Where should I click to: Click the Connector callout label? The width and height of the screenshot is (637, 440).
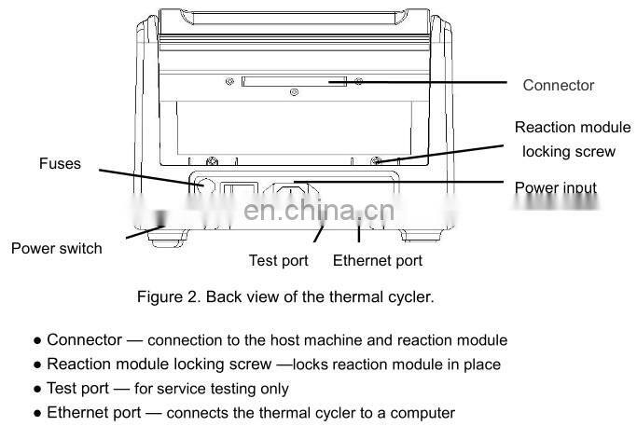tap(558, 85)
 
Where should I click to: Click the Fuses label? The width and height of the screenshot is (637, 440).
tap(60, 164)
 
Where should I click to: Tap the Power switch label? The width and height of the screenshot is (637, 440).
tap(56, 248)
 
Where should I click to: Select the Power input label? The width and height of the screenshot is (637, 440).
tap(556, 188)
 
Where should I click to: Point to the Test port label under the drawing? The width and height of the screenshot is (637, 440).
tap(279, 261)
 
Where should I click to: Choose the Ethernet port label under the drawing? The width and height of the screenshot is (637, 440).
tap(377, 261)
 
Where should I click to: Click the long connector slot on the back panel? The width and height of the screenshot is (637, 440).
tap(293, 82)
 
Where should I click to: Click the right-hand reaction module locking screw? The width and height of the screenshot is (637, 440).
tap(375, 161)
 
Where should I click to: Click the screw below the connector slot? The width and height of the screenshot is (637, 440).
tap(295, 93)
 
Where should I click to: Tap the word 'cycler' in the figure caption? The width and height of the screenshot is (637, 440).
tap(411, 297)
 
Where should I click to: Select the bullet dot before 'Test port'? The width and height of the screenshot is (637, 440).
tap(37, 389)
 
